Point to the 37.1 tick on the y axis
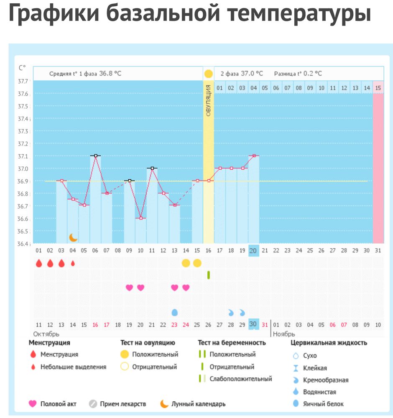[x=23, y=156]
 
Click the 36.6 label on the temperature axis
[x=23, y=219]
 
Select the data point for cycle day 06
[x=95, y=155]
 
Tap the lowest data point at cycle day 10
[x=140, y=218]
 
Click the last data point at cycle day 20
[x=253, y=155]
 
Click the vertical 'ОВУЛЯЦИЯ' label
[x=208, y=100]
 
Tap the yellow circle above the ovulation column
[x=208, y=74]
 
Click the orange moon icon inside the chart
[x=73, y=237]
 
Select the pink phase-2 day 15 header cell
[x=378, y=88]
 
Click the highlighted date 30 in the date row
[x=253, y=324]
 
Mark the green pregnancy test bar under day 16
[x=208, y=275]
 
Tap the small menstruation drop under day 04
[x=73, y=263]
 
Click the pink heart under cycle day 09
[x=129, y=288]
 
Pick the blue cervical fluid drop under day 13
[x=175, y=312]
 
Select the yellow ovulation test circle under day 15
[x=197, y=263]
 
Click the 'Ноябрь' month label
[x=284, y=334]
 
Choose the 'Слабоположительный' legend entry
[x=240, y=379]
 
